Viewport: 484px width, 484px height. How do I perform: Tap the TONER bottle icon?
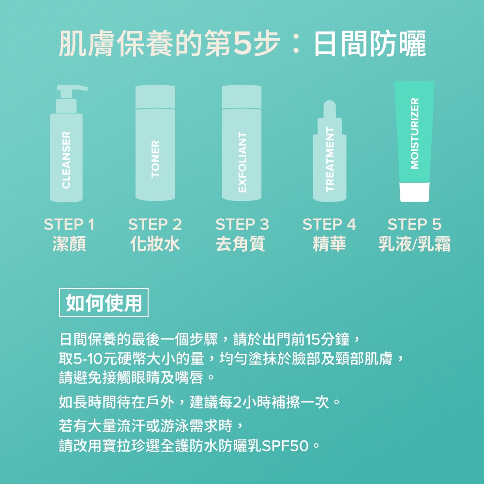pyautogui.click(x=155, y=143)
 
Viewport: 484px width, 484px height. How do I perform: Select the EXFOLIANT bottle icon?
pyautogui.click(x=242, y=143)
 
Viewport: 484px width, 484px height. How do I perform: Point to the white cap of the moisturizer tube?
pyautogui.click(x=415, y=192)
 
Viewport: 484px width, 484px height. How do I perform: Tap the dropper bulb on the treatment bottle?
pyautogui.click(x=330, y=108)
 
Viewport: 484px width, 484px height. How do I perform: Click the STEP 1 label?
pyautogui.click(x=69, y=225)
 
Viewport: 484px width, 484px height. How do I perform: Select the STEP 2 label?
pyautogui.click(x=155, y=225)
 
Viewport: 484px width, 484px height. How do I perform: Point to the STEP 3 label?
pyautogui.click(x=242, y=225)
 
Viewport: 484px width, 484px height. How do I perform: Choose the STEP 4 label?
pyautogui.click(x=329, y=225)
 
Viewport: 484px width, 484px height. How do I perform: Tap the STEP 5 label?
pyautogui.click(x=415, y=225)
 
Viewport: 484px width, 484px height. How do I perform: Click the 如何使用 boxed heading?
pyautogui.click(x=104, y=302)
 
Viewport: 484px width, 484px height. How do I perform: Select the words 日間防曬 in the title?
pyautogui.click(x=370, y=44)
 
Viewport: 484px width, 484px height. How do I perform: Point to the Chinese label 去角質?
pyautogui.click(x=240, y=243)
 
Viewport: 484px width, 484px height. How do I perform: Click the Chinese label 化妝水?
pyautogui.click(x=155, y=243)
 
